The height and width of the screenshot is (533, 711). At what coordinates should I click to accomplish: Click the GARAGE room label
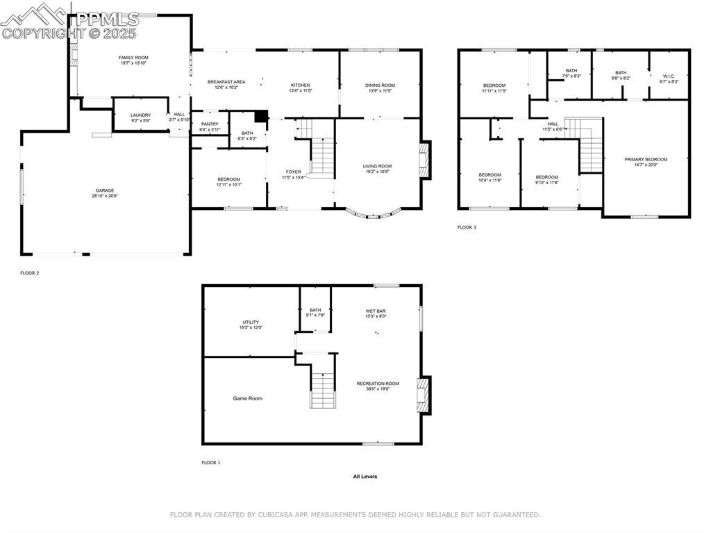(105, 190)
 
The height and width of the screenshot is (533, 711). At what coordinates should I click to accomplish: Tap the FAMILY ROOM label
(133, 58)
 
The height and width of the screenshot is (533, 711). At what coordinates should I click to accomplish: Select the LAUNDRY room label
(140, 115)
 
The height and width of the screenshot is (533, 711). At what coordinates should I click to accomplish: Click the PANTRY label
(210, 124)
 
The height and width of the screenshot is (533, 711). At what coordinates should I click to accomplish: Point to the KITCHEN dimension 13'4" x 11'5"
(301, 90)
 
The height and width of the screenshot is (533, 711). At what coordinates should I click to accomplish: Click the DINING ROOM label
(380, 85)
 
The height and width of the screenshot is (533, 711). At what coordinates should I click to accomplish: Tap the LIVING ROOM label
(377, 166)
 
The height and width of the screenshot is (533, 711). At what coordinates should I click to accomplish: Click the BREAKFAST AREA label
(226, 82)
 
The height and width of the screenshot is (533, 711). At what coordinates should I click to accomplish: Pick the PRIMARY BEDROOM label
(646, 159)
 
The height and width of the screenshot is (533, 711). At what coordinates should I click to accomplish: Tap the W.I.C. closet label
(669, 76)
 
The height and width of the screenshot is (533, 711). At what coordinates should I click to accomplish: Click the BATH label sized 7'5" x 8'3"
(571, 70)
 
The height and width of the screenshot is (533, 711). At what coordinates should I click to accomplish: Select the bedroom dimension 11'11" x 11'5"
(494, 91)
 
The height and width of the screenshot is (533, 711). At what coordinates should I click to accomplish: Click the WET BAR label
(376, 311)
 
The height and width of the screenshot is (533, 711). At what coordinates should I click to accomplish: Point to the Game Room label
(247, 398)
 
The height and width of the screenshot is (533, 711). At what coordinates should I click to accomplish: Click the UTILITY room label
(251, 322)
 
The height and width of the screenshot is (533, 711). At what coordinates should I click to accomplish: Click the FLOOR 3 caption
(467, 227)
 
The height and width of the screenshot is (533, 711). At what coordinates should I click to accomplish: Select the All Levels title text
(365, 477)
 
